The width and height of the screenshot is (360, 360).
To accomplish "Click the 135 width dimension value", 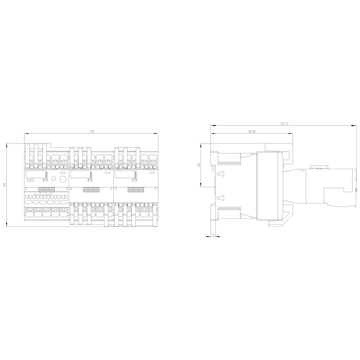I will [91, 132].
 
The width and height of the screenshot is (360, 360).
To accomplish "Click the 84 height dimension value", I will [4, 185].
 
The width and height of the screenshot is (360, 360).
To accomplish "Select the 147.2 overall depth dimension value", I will [284, 123].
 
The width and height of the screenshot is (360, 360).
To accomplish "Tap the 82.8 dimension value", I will [252, 131].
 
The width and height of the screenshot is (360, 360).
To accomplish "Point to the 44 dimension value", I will [198, 165].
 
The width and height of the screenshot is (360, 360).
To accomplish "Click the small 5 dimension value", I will [213, 234].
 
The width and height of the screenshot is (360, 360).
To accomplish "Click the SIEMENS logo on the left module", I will [46, 189].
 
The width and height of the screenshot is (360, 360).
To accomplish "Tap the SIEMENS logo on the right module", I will [135, 189].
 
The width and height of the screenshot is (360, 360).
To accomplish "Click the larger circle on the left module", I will [62, 179].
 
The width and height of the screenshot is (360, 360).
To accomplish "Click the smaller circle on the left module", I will [53, 179].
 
